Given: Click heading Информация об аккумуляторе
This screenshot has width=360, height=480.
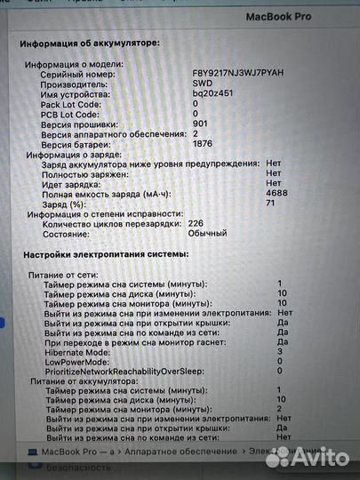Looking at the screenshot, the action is pos(90,42).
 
